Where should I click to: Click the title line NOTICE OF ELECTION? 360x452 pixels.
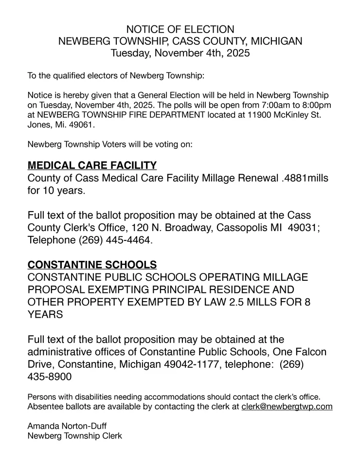pyautogui.click(x=180, y=29)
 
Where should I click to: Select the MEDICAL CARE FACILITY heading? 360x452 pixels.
pyautogui.click(x=92, y=165)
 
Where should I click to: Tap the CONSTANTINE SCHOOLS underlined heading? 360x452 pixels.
pyautogui.click(x=92, y=265)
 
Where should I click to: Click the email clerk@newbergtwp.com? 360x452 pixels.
pyautogui.click(x=287, y=407)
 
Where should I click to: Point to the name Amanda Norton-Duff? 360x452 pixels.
pyautogui.click(x=67, y=426)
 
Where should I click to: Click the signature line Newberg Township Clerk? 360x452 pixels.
pyautogui.click(x=75, y=436)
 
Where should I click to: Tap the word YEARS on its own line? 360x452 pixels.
pyautogui.click(x=45, y=314)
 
